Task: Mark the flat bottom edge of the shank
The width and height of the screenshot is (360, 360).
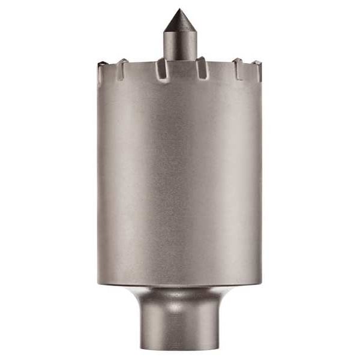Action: (x=179, y=348)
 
